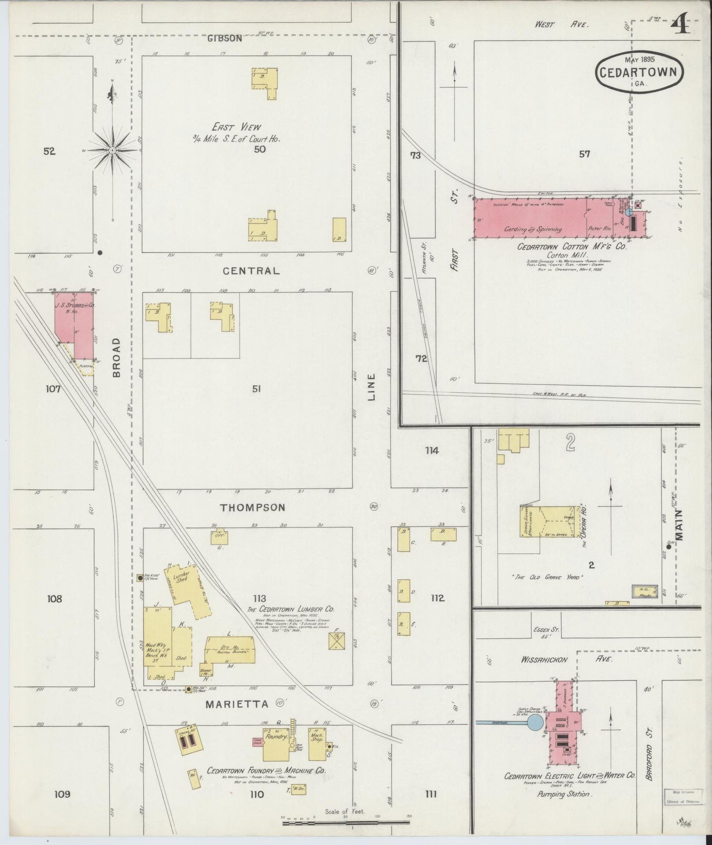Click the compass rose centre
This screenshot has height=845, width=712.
point(113,150)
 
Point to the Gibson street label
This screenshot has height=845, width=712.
point(224,38)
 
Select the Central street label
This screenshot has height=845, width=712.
point(251,271)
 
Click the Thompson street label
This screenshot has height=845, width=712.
point(252,507)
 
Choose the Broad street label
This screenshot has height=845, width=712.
point(116,357)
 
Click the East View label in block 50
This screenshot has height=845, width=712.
point(237,127)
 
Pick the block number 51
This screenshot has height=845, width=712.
point(256,389)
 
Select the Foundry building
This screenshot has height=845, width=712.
point(275,744)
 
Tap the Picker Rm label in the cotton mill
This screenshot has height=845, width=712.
point(599,229)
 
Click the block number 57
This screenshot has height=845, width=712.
point(584,154)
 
